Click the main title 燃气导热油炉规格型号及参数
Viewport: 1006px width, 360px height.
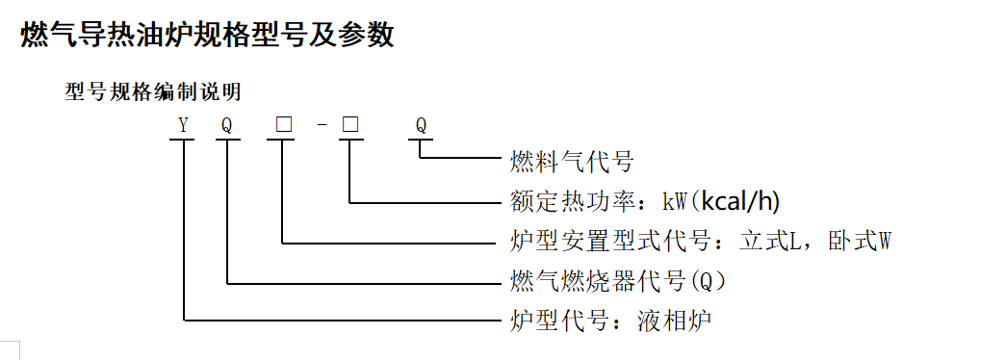point(207,36)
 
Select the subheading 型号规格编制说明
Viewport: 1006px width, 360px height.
point(152,92)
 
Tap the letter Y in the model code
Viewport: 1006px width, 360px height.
point(182,125)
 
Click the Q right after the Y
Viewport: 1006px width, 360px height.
point(227,125)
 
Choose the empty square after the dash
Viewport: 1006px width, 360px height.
point(351,125)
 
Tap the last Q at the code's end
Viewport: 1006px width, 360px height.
point(421,125)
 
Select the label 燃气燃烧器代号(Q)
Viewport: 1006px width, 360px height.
point(616,281)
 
